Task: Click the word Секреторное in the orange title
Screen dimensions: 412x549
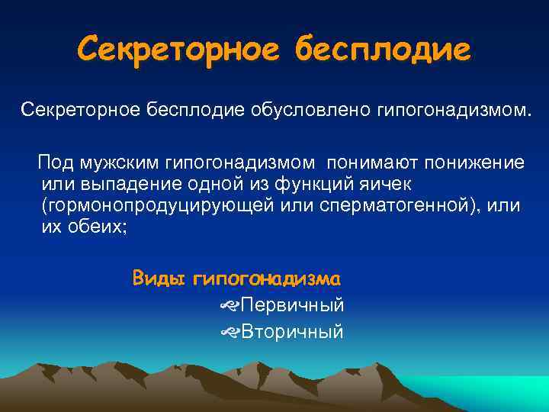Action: click(181, 51)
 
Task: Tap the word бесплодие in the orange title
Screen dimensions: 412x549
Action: click(384, 51)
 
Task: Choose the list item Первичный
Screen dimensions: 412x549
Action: click(292, 305)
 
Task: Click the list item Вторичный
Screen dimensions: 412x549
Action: click(292, 332)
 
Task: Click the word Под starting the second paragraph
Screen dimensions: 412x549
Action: click(53, 163)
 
